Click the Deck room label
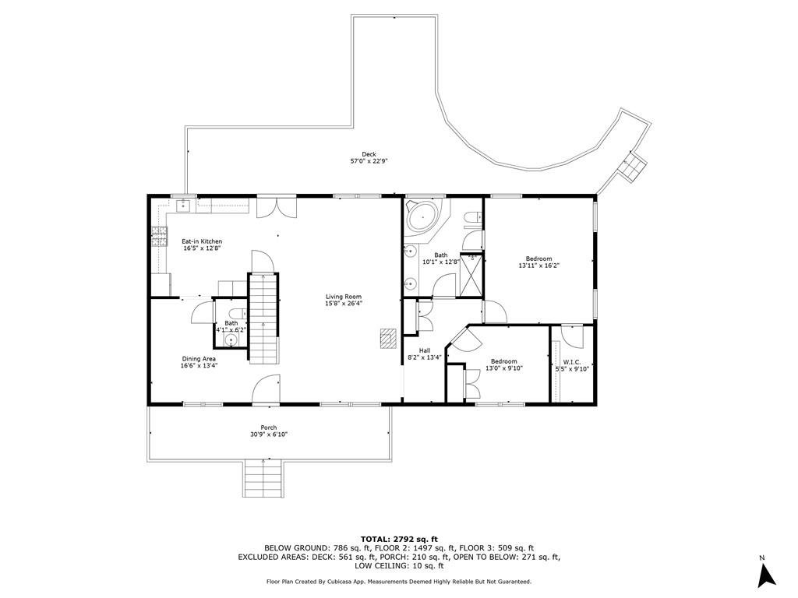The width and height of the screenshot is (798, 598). [x=369, y=154]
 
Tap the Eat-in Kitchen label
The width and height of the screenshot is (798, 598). [x=202, y=241]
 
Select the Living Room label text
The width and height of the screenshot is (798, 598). [x=344, y=297]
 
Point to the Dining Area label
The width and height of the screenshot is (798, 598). [x=198, y=358]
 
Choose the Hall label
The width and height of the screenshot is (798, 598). [x=425, y=350]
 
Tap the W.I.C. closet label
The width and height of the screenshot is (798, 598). [x=571, y=362]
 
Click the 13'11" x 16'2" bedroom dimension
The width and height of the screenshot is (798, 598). [x=539, y=266]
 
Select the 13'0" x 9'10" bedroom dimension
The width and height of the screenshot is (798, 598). [x=503, y=368]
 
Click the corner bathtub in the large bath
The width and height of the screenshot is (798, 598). [x=422, y=216]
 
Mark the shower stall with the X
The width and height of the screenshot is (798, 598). [x=471, y=276]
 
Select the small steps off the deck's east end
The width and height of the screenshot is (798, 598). [x=632, y=166]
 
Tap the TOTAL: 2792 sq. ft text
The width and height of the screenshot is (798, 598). [x=399, y=539]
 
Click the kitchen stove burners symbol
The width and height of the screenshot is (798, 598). [x=160, y=236]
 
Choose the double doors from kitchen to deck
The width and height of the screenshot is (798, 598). [x=277, y=206]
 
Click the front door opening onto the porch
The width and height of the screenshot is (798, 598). [x=267, y=390]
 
